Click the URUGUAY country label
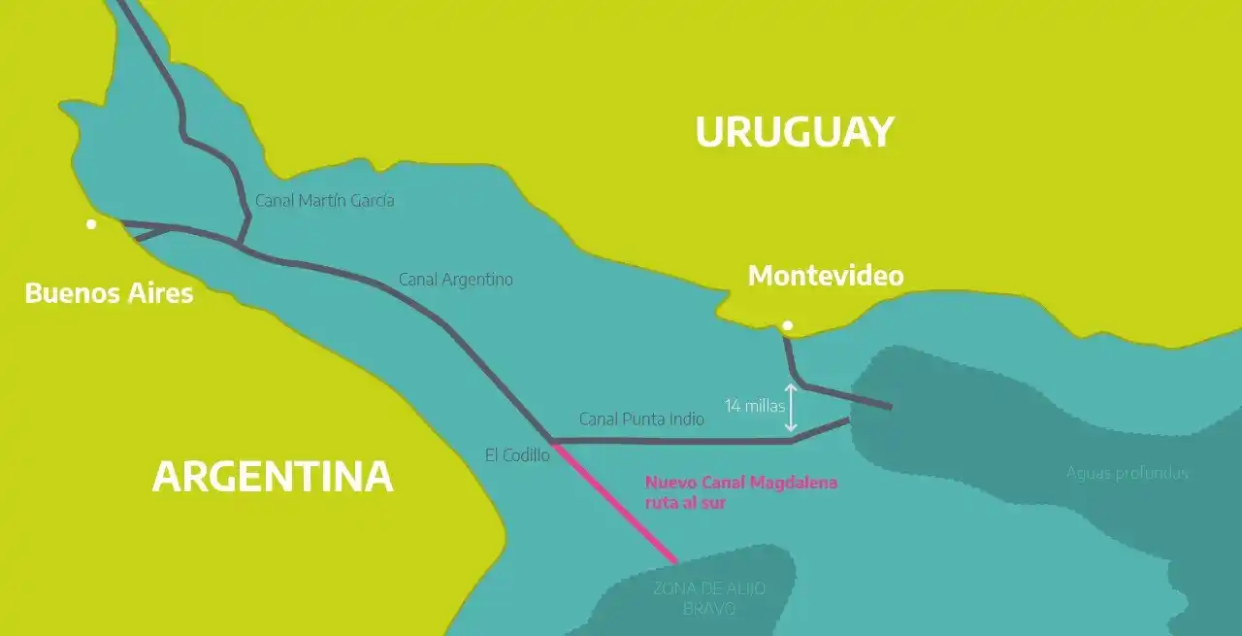[x=794, y=132]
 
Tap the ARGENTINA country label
[x=273, y=477]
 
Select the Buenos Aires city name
[x=109, y=293]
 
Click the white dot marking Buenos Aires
[x=91, y=224]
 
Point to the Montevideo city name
[x=825, y=276]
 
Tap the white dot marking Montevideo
[x=788, y=326]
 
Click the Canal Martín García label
[x=324, y=201]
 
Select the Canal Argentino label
[x=455, y=280]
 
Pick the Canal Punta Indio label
[x=641, y=419]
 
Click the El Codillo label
[x=517, y=454]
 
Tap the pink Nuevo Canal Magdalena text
[x=740, y=483]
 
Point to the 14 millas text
[x=754, y=406]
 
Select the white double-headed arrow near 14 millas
[x=792, y=408]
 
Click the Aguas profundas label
[x=1127, y=474]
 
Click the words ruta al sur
[x=685, y=503]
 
